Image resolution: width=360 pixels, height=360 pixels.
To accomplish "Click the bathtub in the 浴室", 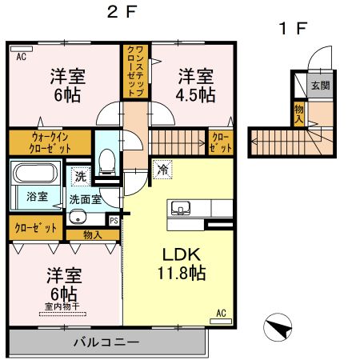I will [36, 174].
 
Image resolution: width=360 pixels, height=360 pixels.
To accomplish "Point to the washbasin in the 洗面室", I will [78, 216].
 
